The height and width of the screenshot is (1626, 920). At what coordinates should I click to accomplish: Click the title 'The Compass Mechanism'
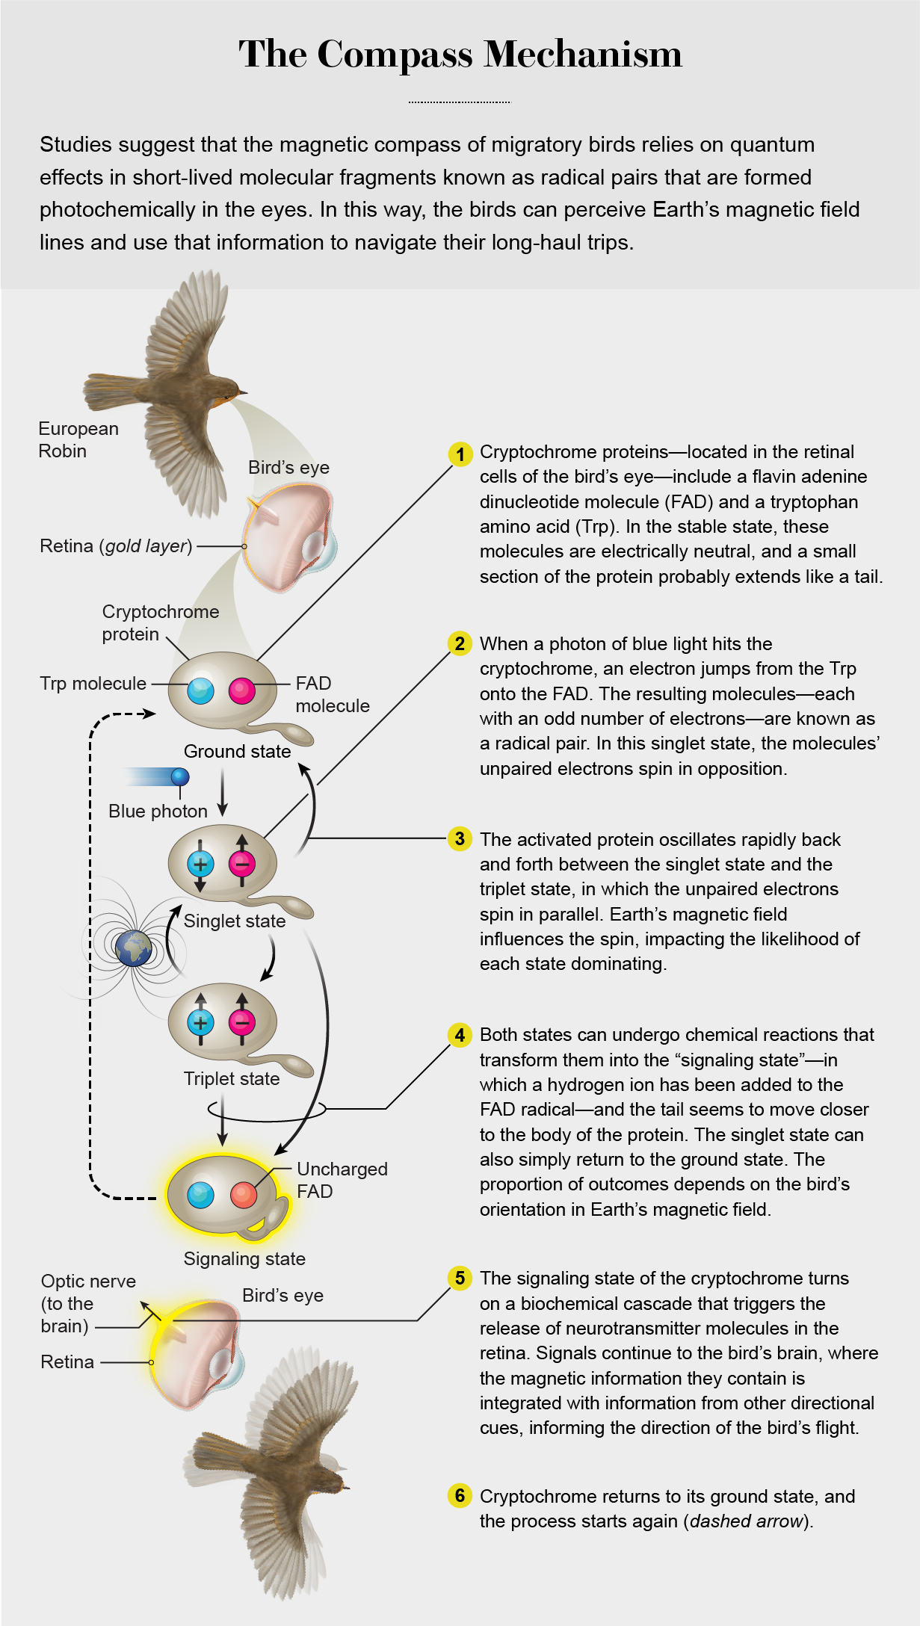coord(460,55)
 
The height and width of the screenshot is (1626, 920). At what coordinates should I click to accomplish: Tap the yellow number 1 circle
coord(460,454)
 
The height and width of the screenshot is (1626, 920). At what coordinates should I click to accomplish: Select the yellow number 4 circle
coord(460,1035)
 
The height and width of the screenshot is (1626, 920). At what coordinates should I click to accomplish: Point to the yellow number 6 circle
coord(460,1495)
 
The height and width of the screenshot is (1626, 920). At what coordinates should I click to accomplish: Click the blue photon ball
coord(180,776)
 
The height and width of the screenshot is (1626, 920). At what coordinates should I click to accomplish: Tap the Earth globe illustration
coord(134,948)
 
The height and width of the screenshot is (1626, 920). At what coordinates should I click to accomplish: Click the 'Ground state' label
coord(237,751)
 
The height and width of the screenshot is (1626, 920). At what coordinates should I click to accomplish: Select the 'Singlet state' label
coord(235,921)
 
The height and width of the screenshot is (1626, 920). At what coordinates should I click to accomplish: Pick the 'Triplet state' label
coord(232,1078)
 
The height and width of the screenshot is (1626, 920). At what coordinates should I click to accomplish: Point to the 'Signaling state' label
coord(244,1258)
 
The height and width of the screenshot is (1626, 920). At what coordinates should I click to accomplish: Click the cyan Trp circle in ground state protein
coord(200,691)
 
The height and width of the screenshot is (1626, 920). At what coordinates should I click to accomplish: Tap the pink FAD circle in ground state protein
coord(242,691)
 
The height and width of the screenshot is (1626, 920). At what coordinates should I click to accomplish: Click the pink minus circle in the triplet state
coord(242,1021)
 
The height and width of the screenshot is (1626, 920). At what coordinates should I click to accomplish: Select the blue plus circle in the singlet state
coord(200,865)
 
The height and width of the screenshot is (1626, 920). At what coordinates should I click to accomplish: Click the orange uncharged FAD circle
coord(244,1195)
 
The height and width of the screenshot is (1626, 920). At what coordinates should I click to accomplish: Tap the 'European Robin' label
coord(78,439)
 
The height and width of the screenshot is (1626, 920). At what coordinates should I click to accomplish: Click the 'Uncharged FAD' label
coord(342,1180)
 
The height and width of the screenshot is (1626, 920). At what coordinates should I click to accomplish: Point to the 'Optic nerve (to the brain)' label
coord(88,1303)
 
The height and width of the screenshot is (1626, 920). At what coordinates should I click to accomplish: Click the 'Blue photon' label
coord(158,811)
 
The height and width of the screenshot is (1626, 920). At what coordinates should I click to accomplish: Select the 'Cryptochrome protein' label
coord(161,622)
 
